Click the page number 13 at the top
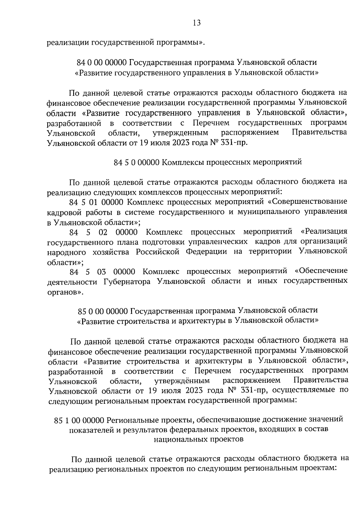(x=197, y=23)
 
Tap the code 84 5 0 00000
(x=136, y=162)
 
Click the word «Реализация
(x=324, y=232)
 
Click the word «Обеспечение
(x=321, y=271)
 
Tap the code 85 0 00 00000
(x=103, y=310)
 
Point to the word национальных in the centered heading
(x=179, y=440)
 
